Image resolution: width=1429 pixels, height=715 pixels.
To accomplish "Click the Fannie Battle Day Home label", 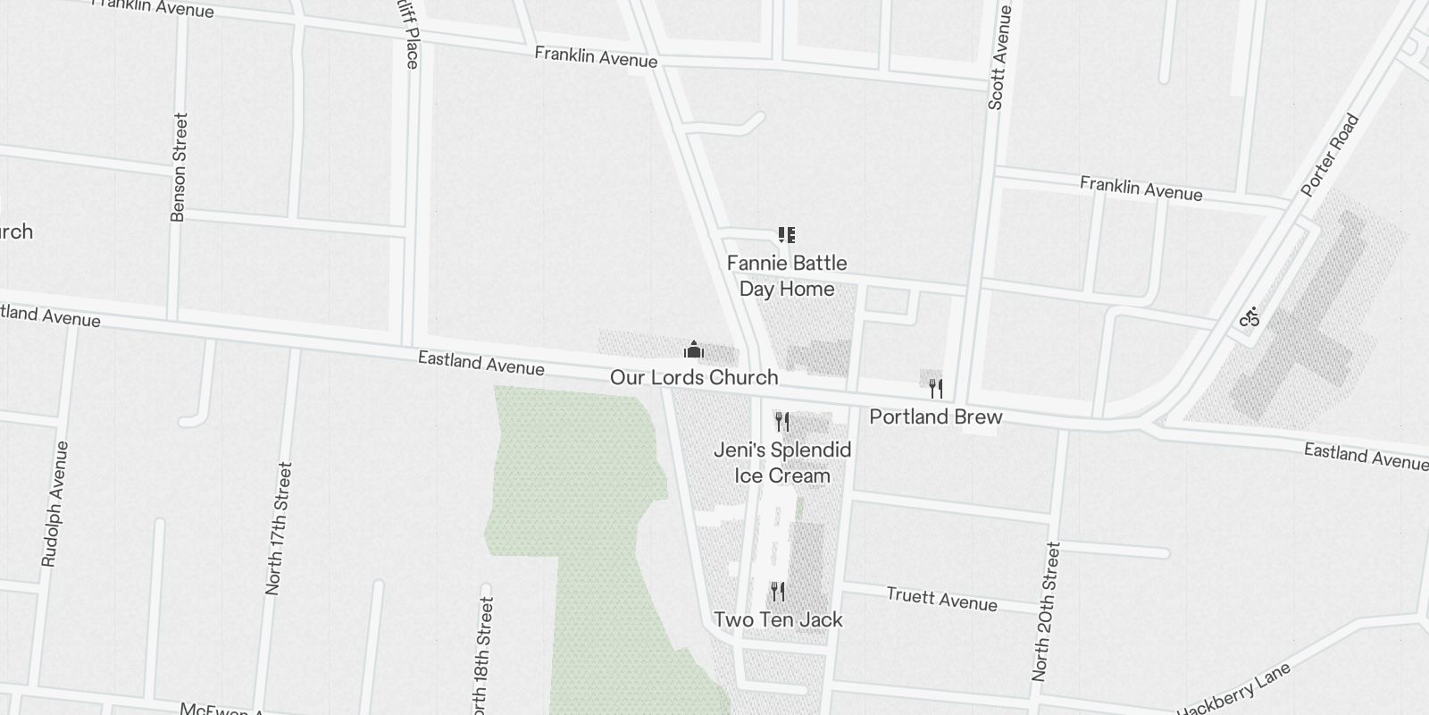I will tap(786, 275).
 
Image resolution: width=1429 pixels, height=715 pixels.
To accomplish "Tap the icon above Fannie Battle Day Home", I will tap(786, 235).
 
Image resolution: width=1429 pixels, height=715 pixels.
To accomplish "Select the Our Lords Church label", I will tap(694, 377).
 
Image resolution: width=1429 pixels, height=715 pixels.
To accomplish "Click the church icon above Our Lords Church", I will tap(694, 349).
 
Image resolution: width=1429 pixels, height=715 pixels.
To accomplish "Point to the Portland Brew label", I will tap(935, 416).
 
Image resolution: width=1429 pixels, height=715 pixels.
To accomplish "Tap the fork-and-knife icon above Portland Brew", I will tap(935, 388).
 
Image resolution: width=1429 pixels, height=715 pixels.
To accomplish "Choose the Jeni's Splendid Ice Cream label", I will tap(782, 462).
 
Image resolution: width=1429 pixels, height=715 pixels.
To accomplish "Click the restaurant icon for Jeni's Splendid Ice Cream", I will tap(782, 421).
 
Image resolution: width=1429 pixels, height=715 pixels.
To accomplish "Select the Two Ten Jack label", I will tap(778, 619).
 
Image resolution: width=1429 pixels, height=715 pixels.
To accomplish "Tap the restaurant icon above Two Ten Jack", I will tap(778, 591).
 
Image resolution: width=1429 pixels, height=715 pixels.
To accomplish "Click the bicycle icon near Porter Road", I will tap(1249, 316).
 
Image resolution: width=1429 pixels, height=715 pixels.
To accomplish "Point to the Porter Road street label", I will tap(1330, 156).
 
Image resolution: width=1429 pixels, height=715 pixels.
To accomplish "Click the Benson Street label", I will tap(179, 166).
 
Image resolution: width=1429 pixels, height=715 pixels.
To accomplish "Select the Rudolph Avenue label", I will tap(55, 503).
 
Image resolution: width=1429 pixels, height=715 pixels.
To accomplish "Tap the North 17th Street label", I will tap(279, 528).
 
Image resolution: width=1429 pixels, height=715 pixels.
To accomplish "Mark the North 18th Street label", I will tap(482, 657).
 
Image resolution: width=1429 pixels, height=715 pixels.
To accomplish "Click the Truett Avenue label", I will tap(941, 599).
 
